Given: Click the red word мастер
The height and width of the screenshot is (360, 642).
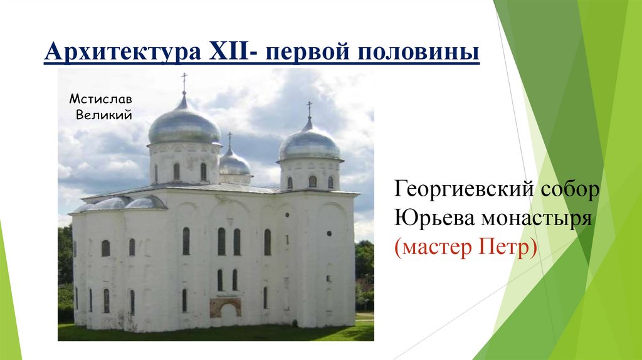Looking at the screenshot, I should (x=431, y=248).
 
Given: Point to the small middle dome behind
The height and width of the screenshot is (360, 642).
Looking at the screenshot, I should (x=234, y=163).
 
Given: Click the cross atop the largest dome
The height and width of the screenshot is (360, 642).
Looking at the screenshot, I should (x=184, y=82).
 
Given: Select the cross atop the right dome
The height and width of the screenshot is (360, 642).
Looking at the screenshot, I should (x=309, y=109).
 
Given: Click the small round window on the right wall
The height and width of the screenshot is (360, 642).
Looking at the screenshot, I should (x=329, y=233).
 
